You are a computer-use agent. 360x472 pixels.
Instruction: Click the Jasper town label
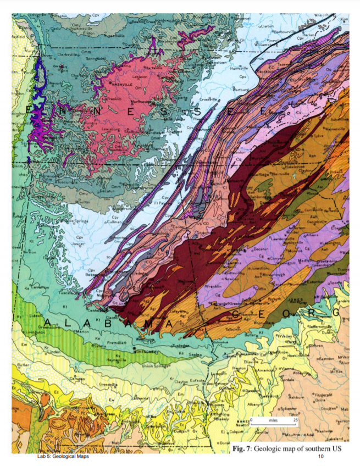(x=78, y=242)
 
